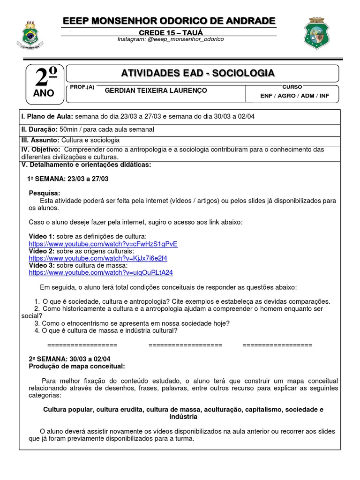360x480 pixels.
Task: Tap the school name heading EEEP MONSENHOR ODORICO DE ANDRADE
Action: click(x=169, y=21)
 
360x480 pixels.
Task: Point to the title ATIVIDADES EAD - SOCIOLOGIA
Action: click(x=198, y=73)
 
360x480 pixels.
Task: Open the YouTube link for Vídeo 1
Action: click(x=103, y=244)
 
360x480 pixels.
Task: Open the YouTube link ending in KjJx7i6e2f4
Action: click(x=98, y=258)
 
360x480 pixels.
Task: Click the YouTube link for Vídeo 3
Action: click(x=101, y=272)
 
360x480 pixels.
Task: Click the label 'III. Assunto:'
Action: click(x=40, y=140)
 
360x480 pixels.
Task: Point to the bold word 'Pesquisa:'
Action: click(x=45, y=193)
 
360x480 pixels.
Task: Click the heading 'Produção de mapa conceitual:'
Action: click(x=77, y=366)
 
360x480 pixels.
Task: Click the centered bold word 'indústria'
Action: click(x=183, y=417)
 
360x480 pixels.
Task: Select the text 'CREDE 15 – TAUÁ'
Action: click(x=169, y=31)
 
